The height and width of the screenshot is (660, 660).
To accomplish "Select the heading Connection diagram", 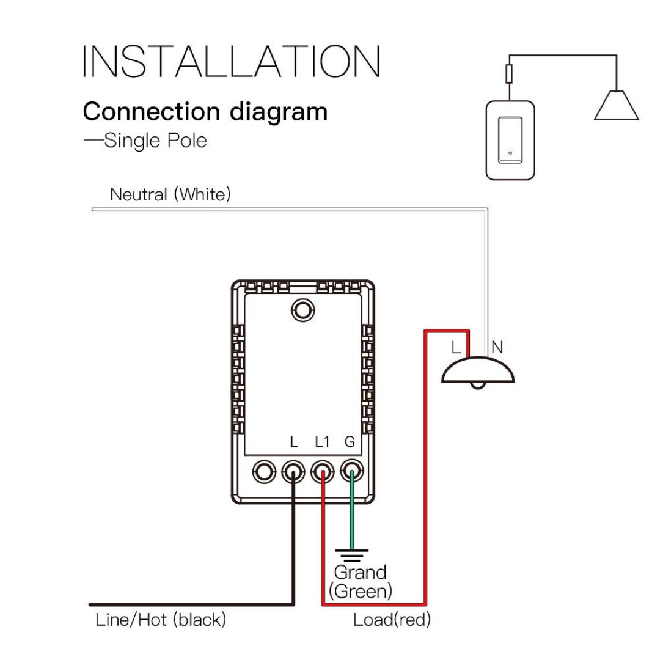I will [x=205, y=112].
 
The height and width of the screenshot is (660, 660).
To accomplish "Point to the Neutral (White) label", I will [x=170, y=194].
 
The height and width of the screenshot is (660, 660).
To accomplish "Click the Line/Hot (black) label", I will [x=161, y=620].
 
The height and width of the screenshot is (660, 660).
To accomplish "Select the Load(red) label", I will [x=392, y=620].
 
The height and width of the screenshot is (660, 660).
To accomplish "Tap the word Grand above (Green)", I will [x=360, y=573].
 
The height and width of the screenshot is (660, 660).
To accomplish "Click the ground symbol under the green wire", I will [x=351, y=555].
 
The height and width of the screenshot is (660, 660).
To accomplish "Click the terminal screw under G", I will [x=351, y=471].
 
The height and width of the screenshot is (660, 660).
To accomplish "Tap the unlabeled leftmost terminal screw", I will [x=265, y=471].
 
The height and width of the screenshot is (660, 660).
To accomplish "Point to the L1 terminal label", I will [x=322, y=441].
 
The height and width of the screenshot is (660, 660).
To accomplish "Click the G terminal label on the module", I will [x=350, y=441].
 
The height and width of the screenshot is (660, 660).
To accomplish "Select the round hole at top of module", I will [x=301, y=310].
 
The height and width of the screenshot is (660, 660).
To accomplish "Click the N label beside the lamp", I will [x=497, y=348].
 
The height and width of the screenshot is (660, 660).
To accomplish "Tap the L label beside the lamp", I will [x=456, y=348].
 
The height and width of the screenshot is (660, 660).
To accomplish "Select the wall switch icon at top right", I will [x=508, y=140].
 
